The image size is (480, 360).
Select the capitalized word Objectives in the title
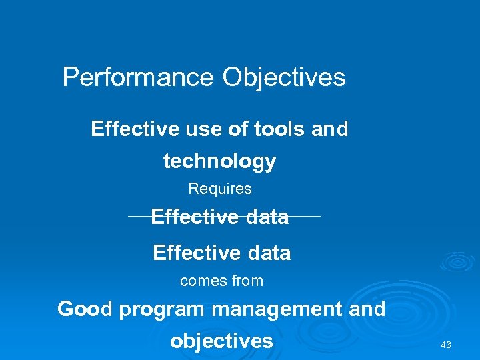point(284,77)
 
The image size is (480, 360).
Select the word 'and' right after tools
point(330,129)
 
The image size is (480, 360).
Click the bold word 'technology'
point(219,161)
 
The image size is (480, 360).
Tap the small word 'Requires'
point(220,189)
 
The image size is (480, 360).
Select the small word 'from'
point(247,281)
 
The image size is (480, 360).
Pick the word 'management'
point(275,309)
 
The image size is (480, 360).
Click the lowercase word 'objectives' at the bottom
point(221,341)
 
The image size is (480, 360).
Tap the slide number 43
point(446,345)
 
